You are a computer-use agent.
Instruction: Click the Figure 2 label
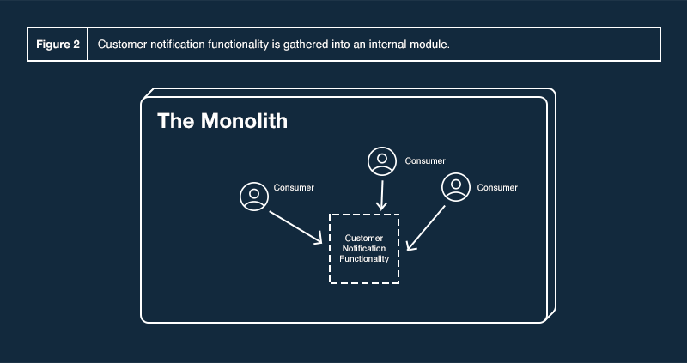pyautogui.click(x=58, y=44)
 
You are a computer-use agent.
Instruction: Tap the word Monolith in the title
pyautogui.click(x=244, y=121)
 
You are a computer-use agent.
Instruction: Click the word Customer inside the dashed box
pyautogui.click(x=363, y=238)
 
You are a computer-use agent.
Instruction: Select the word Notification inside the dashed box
pyautogui.click(x=364, y=248)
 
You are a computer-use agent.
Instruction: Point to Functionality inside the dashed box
pyautogui.click(x=364, y=258)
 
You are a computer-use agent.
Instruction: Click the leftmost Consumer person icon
pyautogui.click(x=253, y=196)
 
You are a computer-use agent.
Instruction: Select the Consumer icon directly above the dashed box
pyautogui.click(x=381, y=161)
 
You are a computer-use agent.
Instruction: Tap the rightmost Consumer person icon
pyautogui.click(x=455, y=187)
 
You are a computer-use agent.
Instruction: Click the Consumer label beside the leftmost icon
pyautogui.click(x=294, y=187)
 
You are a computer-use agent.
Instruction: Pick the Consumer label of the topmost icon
pyautogui.click(x=425, y=160)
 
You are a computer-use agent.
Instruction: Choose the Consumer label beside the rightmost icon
pyautogui.click(x=497, y=187)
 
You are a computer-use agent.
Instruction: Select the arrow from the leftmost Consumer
pyautogui.click(x=296, y=225)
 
